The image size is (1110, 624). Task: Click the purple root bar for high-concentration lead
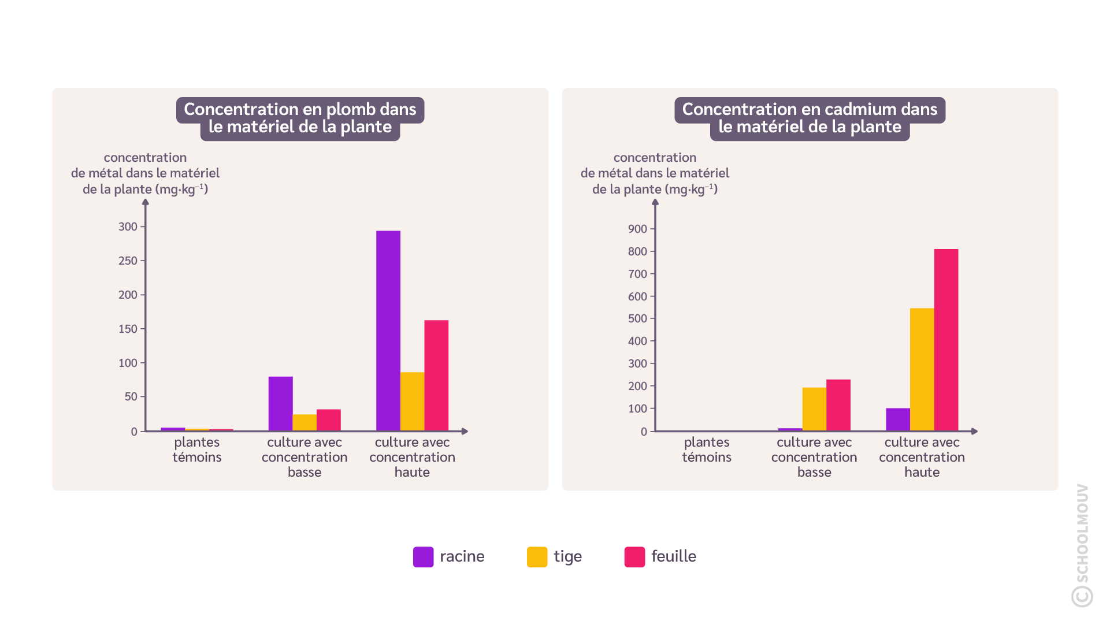[x=388, y=330]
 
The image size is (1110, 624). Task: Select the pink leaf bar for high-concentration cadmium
[x=946, y=340]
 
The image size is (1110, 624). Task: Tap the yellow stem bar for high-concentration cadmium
[x=922, y=370]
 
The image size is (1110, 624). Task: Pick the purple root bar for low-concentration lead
[x=280, y=403]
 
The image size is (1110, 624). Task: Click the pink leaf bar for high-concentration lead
[x=436, y=376]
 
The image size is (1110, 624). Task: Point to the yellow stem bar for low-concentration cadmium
[x=814, y=409]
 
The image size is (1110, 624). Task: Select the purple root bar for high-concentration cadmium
[x=897, y=419]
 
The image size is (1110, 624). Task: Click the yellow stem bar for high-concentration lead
[x=412, y=402]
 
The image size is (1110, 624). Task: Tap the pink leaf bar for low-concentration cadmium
[x=838, y=405]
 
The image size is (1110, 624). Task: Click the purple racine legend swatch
[x=423, y=557]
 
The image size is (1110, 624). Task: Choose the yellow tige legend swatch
[x=537, y=557]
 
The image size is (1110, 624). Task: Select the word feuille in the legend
[x=673, y=556]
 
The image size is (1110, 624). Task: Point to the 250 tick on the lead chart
[x=128, y=261]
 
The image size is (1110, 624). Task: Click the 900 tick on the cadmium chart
[x=637, y=229]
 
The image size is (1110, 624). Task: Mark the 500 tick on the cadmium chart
[x=637, y=318]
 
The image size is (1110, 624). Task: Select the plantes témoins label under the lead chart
[x=197, y=450]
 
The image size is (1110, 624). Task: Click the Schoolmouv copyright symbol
[x=1082, y=596]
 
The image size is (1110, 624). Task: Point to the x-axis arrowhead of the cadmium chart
[x=975, y=431]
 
